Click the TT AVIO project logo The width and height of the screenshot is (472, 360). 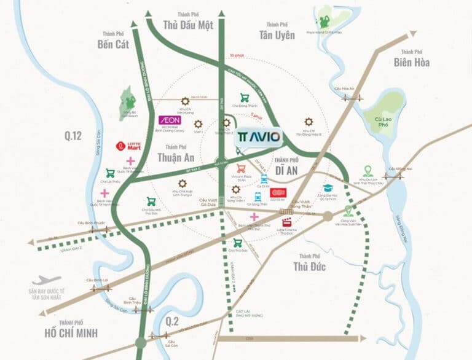pos(259,136)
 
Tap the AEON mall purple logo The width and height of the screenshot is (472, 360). pos(169,120)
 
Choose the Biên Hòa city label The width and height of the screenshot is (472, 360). pos(412,62)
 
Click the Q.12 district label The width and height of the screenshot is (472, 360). pos(71,136)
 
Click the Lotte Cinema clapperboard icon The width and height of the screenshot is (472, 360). pos(286,222)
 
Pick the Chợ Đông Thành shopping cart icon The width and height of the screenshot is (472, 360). pos(245,97)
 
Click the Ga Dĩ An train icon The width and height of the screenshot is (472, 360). pos(264,179)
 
